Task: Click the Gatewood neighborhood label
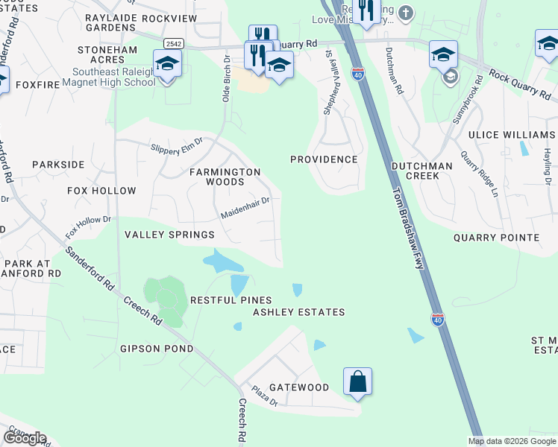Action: [x=299, y=387]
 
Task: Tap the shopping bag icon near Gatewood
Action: [x=357, y=381]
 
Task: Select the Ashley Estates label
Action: [x=298, y=312]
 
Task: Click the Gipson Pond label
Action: [x=157, y=349]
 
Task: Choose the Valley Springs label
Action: [x=169, y=235]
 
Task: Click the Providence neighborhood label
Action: [x=324, y=159]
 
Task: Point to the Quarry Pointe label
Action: [x=496, y=238]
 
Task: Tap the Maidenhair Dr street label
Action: [x=245, y=207]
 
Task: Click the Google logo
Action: [x=25, y=437]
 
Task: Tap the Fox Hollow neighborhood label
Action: [x=102, y=191]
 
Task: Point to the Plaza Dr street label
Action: [x=264, y=396]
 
